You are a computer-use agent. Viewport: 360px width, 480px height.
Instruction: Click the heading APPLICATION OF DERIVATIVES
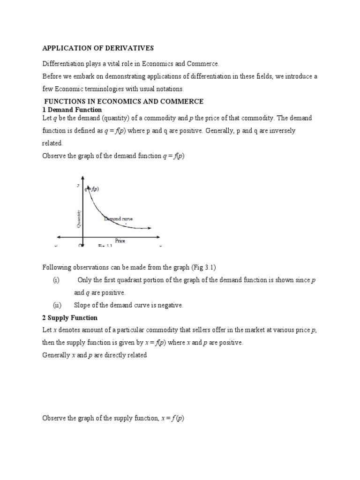click(98, 48)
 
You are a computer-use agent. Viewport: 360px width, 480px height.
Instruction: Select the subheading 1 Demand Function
click(72, 110)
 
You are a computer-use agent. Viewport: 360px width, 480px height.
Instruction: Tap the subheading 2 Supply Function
click(70, 318)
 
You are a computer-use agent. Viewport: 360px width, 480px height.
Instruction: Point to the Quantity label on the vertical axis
click(79, 218)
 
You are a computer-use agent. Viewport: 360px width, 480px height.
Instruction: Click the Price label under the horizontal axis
click(120, 240)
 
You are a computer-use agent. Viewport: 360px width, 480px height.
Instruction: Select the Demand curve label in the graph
click(118, 219)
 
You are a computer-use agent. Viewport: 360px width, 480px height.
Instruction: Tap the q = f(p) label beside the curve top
click(92, 189)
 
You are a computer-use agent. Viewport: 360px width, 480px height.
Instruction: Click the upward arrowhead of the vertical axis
click(82, 178)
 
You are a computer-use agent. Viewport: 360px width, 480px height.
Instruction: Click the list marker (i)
click(56, 280)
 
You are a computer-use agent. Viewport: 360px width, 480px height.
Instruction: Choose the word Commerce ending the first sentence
click(204, 64)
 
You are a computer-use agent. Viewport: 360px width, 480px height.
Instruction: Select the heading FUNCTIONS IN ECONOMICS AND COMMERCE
click(124, 101)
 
